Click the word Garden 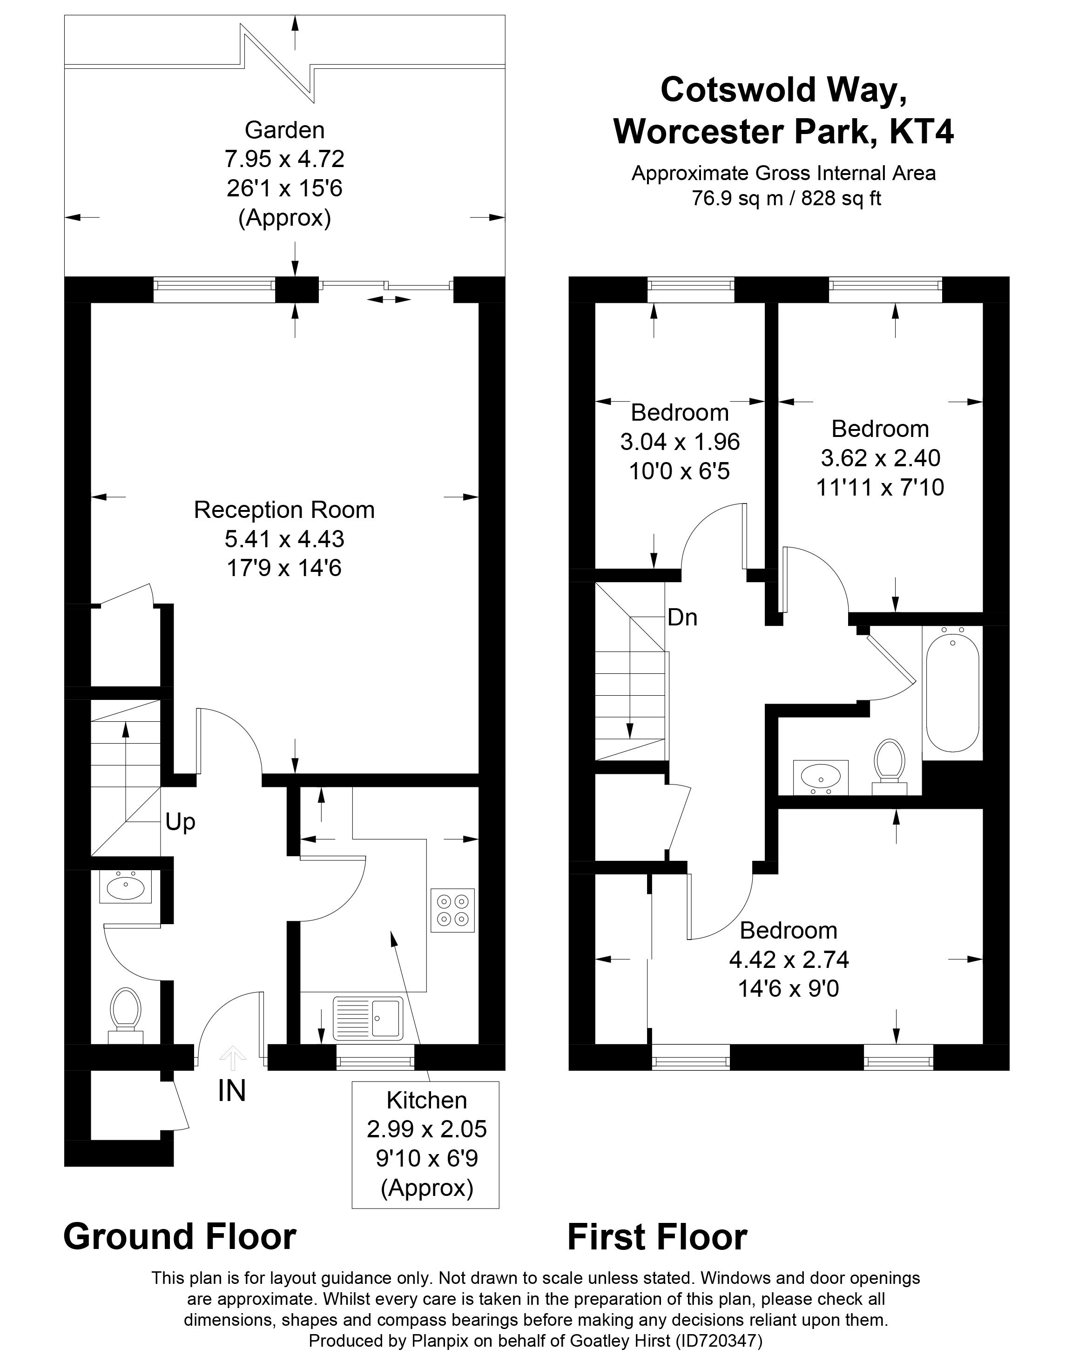[285, 130]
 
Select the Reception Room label [284, 510]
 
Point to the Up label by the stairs [181, 821]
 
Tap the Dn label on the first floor [683, 618]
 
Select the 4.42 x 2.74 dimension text [789, 960]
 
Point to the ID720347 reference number [719, 1341]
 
